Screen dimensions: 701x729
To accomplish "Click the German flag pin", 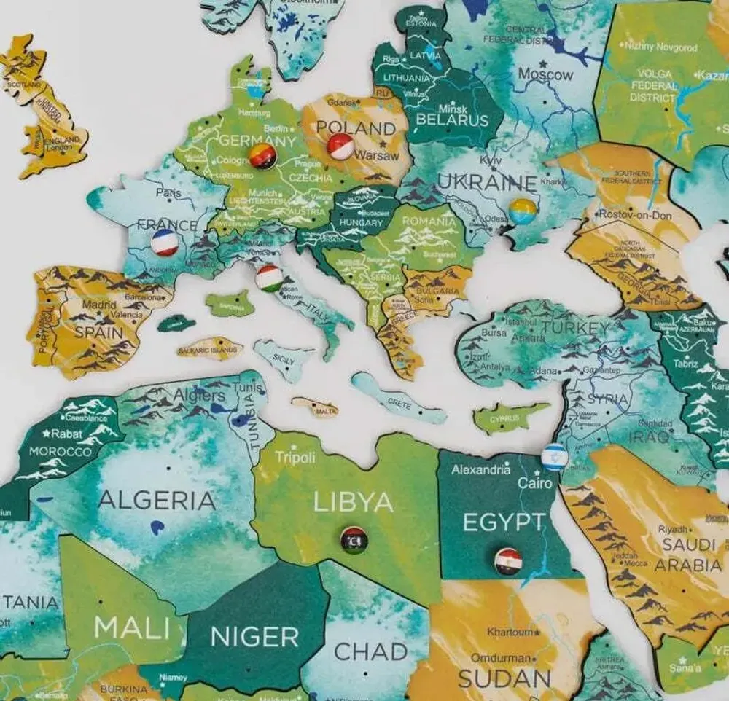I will coord(262,156).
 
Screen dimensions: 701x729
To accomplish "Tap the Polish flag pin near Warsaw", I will coord(340,146).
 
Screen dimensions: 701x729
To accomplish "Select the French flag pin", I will coord(165,243).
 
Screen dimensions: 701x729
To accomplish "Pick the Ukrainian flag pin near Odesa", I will coord(523,211).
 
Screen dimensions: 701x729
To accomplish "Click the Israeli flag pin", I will coord(554,456).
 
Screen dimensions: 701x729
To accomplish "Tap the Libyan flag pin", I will coord(354,539).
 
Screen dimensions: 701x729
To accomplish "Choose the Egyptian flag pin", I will coord(507,560).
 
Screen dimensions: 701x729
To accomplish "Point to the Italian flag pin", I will coord(269,278).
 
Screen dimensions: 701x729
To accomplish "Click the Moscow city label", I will coord(545,74).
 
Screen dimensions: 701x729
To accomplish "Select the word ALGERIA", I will coord(157,500).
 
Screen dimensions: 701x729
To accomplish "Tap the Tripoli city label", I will coord(295,458).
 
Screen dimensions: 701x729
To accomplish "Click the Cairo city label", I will coord(534,482).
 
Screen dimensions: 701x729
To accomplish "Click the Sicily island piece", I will coord(284,359).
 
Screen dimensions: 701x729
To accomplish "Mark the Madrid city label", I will coord(98,305).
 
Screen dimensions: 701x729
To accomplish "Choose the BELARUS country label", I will coord(451,120).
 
